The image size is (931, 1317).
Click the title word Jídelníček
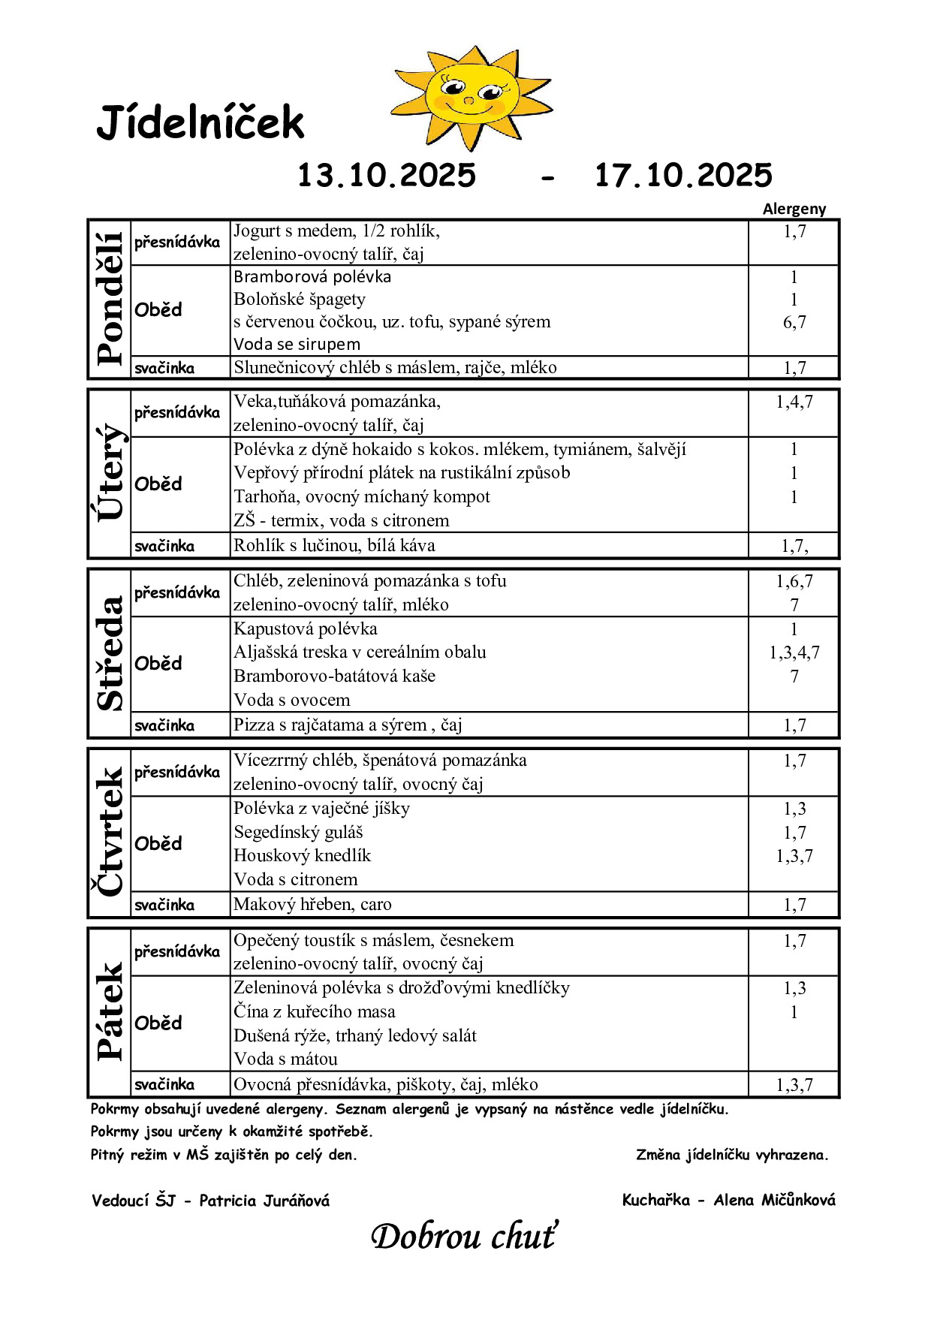200,123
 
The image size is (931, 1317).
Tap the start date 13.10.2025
387,176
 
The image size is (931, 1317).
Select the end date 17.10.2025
683,176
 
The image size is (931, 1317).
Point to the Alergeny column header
794,209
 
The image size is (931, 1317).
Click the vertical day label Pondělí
110,299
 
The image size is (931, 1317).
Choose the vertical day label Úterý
110,473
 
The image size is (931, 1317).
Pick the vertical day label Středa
110,653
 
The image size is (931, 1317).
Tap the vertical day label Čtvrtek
110,832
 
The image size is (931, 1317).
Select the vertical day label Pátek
110,1011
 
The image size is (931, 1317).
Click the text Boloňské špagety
300,300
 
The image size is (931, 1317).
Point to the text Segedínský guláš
298,832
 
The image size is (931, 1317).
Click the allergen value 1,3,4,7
794,652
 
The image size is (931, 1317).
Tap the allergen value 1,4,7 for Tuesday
794,402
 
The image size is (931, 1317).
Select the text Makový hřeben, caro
312,904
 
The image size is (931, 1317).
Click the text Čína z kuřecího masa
314,1011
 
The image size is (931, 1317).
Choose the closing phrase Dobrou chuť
465,1236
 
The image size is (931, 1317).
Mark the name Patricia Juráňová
264,1201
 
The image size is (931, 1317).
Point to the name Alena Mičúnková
774,1200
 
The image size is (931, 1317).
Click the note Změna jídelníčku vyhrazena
732,1155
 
